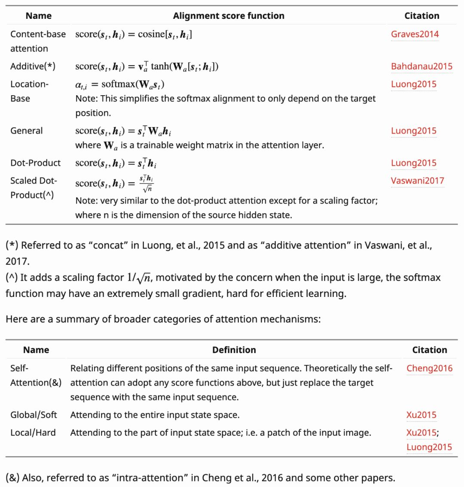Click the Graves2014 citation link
[415, 34]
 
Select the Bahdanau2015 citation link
[421, 67]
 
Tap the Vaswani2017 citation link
[417, 181]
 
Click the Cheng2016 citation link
[429, 368]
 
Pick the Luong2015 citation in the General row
[413, 131]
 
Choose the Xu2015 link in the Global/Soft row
[421, 415]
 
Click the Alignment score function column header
[229, 16]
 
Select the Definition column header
[234, 350]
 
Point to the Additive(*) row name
[33, 67]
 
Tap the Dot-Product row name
[35, 163]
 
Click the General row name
[26, 131]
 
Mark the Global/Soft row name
[34, 415]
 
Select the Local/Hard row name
[33, 433]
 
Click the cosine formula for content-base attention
[134, 34]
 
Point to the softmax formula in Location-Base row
[120, 85]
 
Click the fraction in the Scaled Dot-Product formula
[147, 184]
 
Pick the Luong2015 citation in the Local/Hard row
[429, 447]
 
